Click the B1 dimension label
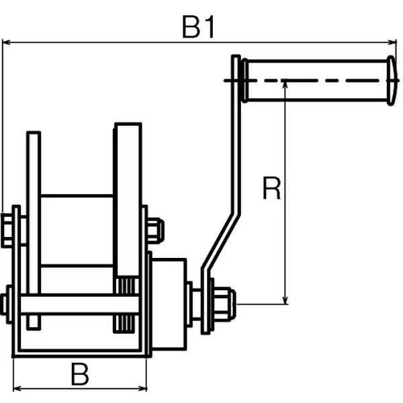point(198,27)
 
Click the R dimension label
point(271,188)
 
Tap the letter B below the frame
point(80,374)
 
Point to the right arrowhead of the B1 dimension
point(392,42)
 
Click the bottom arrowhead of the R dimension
point(285,300)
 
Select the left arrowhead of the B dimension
point(17,388)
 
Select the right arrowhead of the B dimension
point(142,388)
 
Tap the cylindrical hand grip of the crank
point(316,81)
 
